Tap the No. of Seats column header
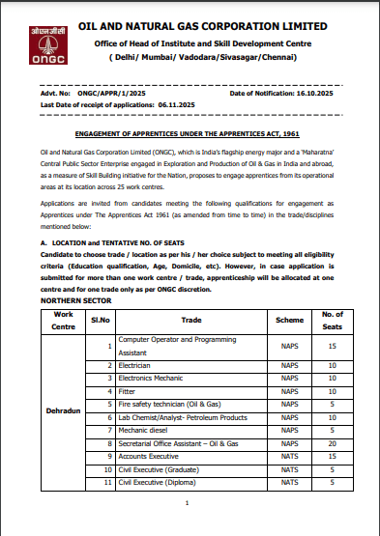(331, 319)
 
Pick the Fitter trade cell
(127, 391)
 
